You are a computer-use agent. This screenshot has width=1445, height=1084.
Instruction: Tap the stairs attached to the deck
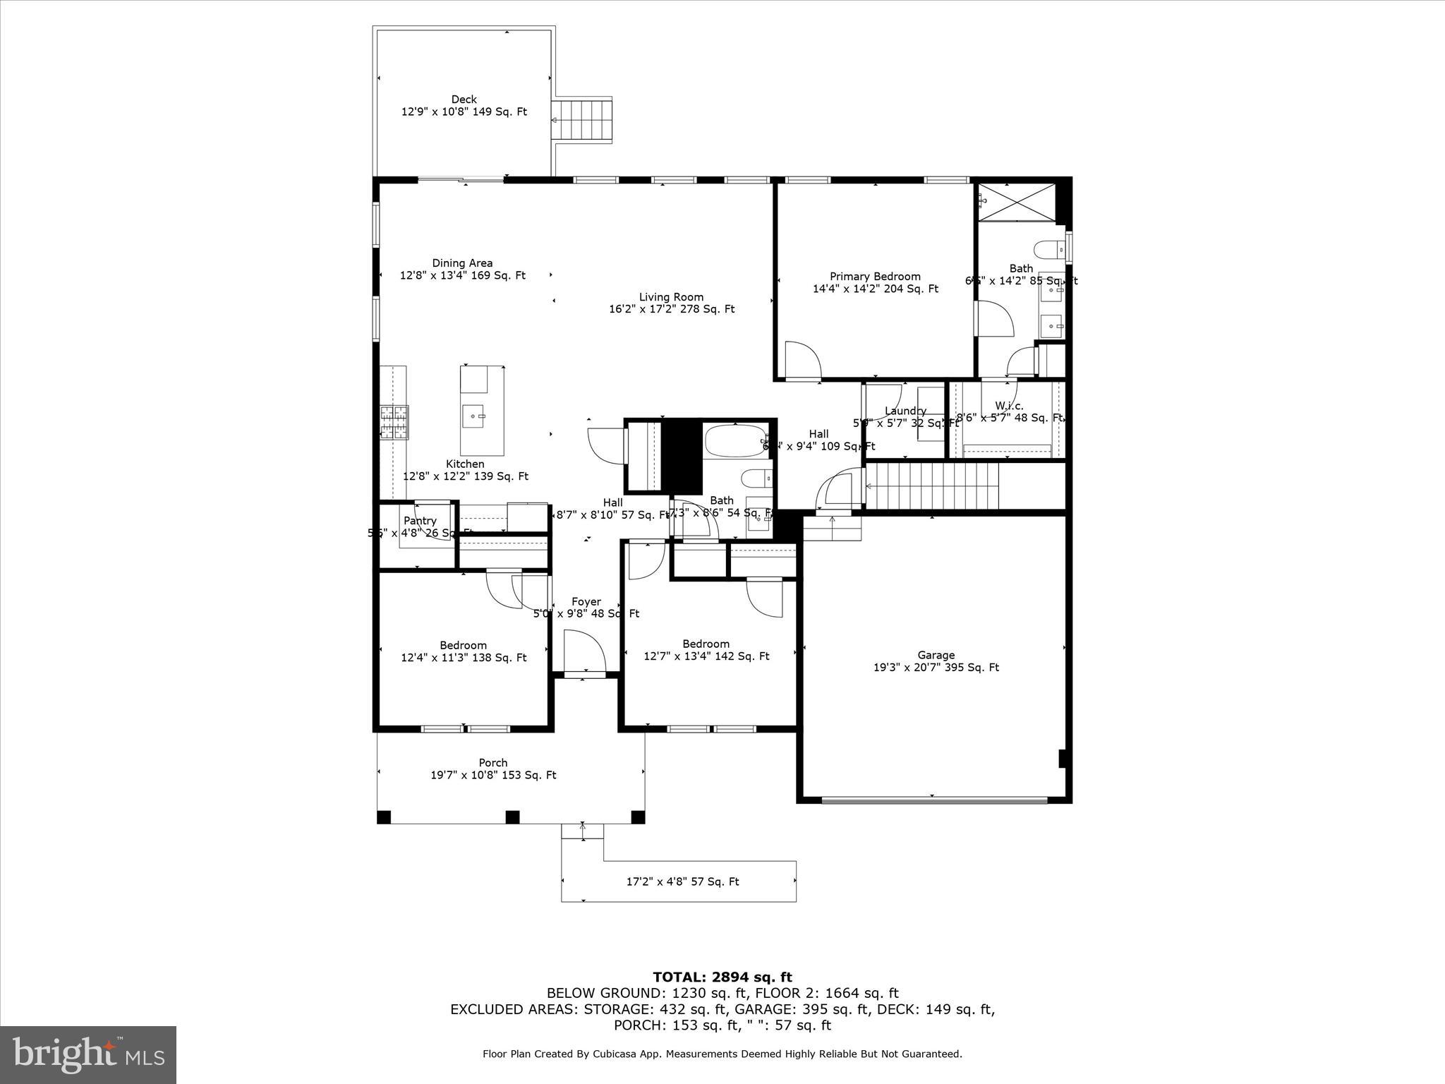581,121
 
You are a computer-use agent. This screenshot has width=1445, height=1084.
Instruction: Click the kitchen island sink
473,416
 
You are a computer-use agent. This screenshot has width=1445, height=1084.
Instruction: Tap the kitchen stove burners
394,422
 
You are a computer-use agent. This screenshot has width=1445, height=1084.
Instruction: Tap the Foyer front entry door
585,653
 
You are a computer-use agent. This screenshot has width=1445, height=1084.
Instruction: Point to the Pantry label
420,521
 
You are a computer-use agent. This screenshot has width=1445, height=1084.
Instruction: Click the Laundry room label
905,411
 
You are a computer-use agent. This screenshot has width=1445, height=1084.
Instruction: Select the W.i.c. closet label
1009,406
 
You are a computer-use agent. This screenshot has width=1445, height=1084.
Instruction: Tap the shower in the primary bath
1017,202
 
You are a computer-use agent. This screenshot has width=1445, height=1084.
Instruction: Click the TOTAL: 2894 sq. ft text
722,977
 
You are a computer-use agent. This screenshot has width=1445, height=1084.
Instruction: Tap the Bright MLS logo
88,1054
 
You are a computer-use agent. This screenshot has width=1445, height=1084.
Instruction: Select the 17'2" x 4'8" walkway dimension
682,881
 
